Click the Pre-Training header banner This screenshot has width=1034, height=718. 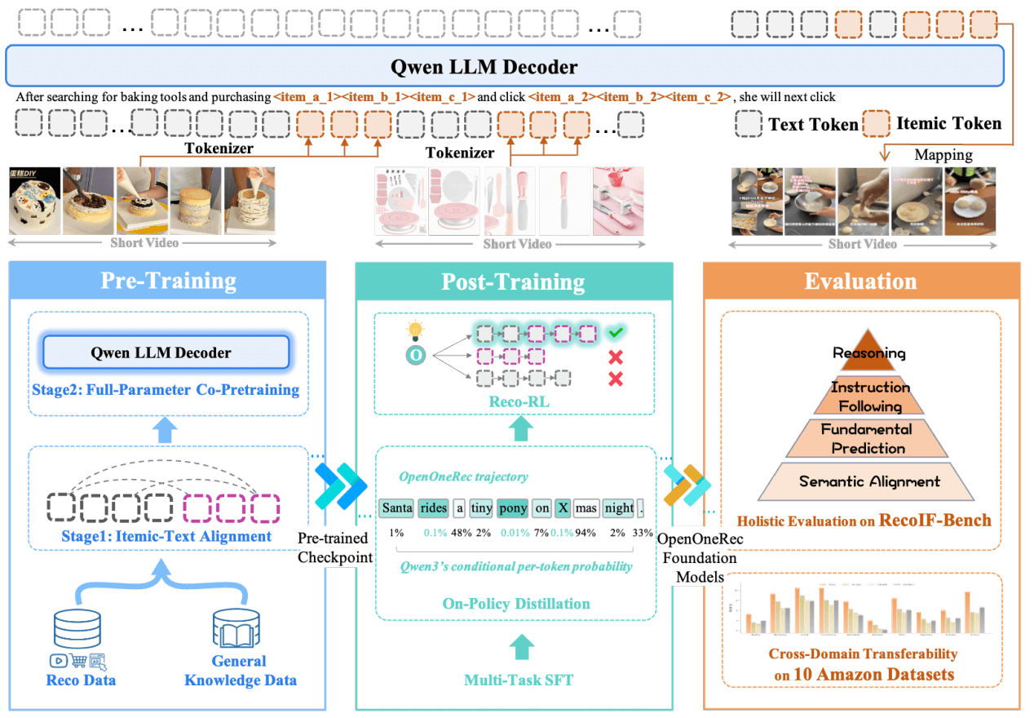[x=168, y=281]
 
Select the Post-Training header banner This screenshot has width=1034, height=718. [x=513, y=282]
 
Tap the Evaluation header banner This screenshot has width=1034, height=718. [x=860, y=281]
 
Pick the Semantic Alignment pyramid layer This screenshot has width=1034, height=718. [x=868, y=481]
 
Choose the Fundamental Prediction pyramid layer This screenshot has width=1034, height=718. [x=868, y=439]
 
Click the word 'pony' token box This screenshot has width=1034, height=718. [x=512, y=507]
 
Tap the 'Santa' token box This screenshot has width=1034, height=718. [x=396, y=507]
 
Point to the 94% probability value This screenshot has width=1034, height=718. [x=584, y=532]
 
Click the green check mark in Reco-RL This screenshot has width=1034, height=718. [x=616, y=333]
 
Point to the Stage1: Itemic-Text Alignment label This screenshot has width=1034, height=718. [x=166, y=536]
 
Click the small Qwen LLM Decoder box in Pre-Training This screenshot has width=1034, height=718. [x=166, y=353]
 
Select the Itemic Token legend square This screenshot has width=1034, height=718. [x=877, y=124]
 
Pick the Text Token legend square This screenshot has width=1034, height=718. [x=749, y=124]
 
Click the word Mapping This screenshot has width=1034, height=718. [x=943, y=154]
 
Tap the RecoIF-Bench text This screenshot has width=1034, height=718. [x=935, y=520]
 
